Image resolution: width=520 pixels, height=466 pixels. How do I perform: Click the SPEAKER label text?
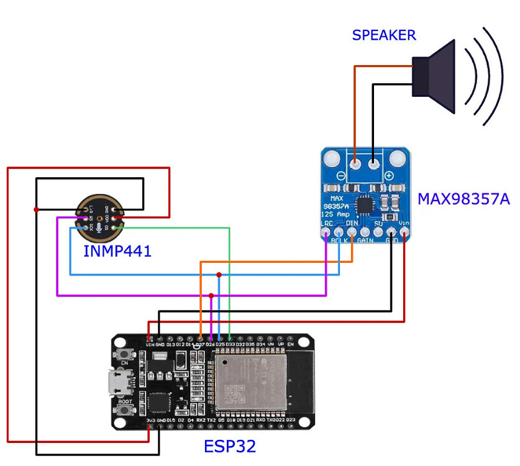(384, 35)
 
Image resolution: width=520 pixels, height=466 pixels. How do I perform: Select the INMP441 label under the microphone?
(117, 252)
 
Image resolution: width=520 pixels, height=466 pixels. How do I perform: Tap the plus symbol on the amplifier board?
(390, 176)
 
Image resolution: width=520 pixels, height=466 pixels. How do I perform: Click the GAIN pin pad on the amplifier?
(365, 234)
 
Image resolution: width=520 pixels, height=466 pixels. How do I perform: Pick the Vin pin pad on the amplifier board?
(404, 234)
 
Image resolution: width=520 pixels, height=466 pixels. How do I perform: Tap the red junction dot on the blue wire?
(219, 275)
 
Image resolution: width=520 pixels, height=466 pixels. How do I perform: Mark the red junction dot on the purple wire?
(211, 295)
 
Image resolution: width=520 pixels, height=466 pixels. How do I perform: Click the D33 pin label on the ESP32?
(230, 344)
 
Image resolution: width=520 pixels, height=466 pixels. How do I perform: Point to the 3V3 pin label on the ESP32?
(150, 421)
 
